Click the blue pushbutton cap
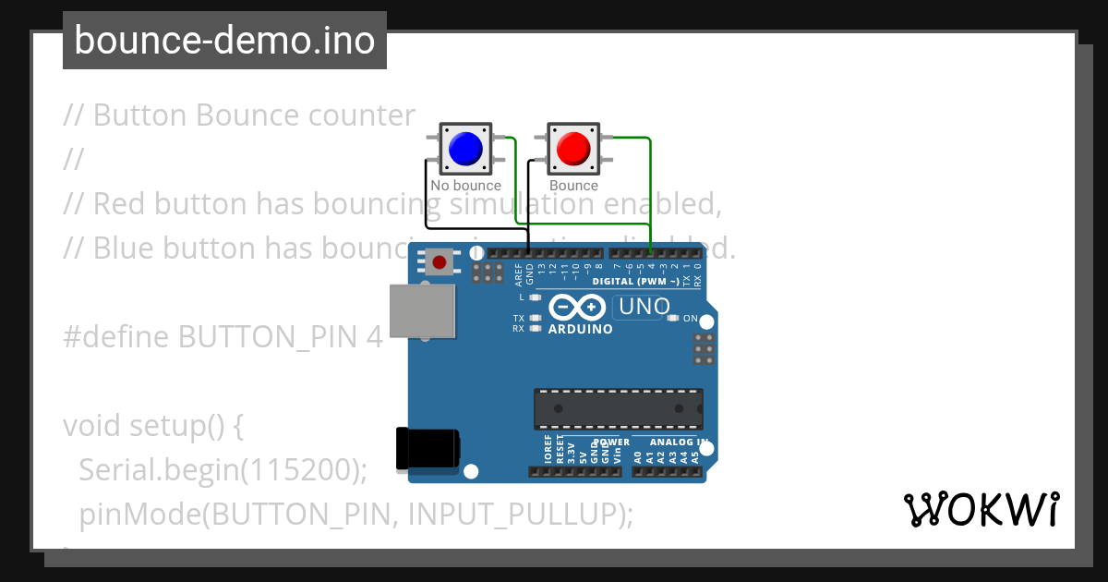(464, 148)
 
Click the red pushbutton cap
(573, 148)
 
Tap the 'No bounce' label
(465, 186)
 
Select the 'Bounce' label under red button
(573, 186)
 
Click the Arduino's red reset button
(440, 263)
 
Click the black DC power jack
(427, 449)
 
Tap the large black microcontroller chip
(618, 409)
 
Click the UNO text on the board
(644, 307)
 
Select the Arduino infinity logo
(577, 308)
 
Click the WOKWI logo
(981, 510)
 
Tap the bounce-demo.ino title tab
(224, 41)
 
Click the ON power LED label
(690, 319)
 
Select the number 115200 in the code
(298, 470)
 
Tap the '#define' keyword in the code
(116, 337)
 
